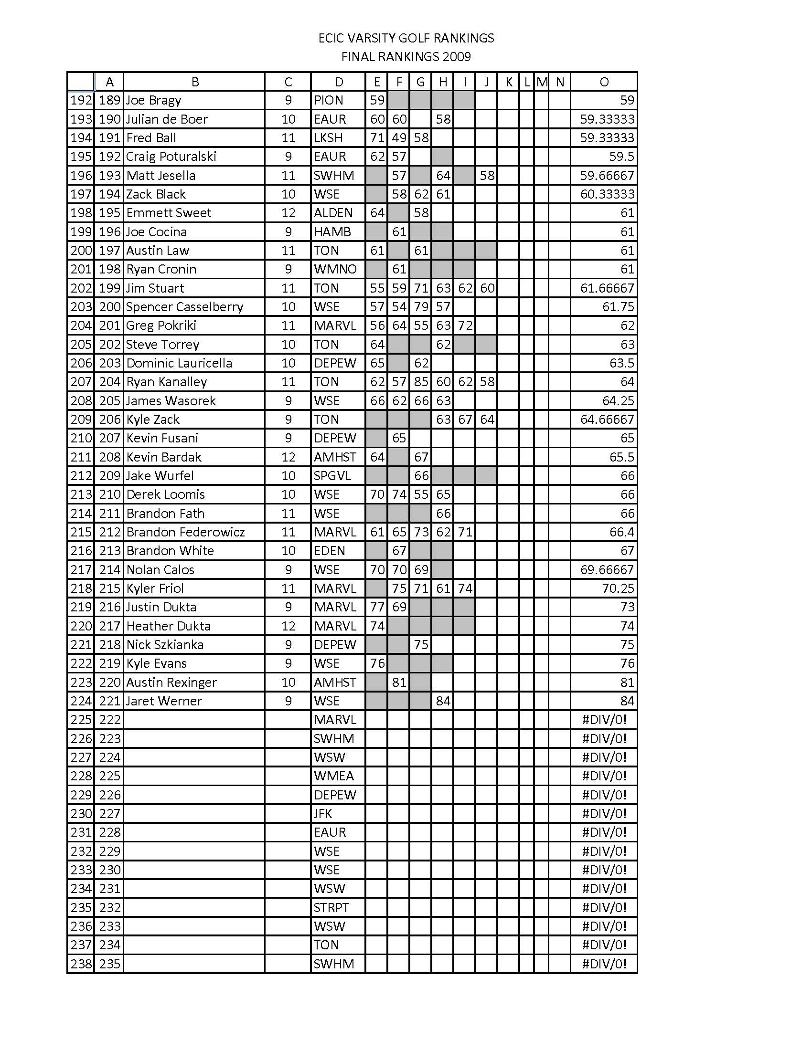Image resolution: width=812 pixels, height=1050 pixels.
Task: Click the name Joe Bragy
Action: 153,100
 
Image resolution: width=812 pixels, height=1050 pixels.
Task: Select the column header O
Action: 604,82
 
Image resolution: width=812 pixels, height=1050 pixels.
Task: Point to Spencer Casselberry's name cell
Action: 184,307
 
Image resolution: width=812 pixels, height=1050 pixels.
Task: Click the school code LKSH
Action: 328,138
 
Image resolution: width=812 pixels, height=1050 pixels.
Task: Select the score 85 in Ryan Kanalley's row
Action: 421,382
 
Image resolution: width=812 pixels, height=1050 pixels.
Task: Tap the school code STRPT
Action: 331,907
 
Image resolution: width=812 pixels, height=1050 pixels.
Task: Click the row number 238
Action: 81,964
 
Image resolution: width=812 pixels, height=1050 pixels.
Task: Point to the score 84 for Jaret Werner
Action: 443,701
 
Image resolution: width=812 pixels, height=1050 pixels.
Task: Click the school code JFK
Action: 323,813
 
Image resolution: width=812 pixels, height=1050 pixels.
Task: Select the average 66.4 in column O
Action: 621,532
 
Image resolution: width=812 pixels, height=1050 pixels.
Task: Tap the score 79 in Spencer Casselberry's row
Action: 421,307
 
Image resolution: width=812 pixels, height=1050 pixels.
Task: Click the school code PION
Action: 329,100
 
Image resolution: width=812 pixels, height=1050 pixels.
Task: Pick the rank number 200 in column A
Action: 109,307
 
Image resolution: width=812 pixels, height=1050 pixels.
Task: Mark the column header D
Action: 339,82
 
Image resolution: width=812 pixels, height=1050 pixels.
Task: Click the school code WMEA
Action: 333,776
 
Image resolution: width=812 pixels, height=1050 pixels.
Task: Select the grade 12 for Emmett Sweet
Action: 288,213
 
